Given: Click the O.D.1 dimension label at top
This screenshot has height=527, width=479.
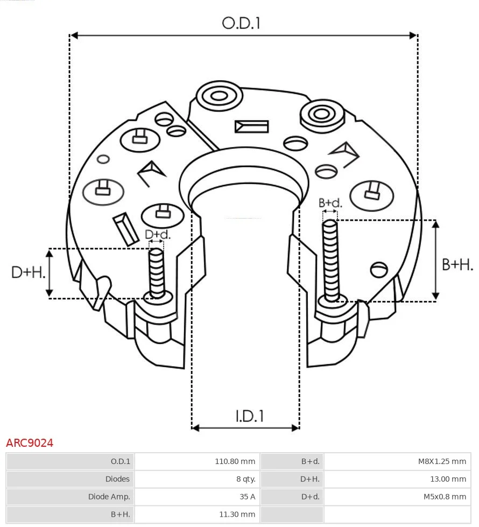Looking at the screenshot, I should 241,23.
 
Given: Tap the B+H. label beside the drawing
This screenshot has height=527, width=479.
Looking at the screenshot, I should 457,264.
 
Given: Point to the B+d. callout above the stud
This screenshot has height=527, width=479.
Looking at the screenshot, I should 330,203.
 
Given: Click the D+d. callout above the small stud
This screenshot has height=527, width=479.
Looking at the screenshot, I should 158,234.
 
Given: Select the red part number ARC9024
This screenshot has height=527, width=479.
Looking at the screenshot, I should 30,443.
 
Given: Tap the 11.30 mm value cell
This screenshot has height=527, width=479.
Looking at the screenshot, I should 237,515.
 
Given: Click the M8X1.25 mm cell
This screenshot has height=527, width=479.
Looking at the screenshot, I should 442,461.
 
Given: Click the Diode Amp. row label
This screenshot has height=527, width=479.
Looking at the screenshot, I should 109,497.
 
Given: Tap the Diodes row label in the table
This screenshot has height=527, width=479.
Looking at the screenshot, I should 117,479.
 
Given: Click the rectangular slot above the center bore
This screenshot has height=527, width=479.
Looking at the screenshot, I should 251,127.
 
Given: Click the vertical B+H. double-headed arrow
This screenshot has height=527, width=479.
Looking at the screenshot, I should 436,260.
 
